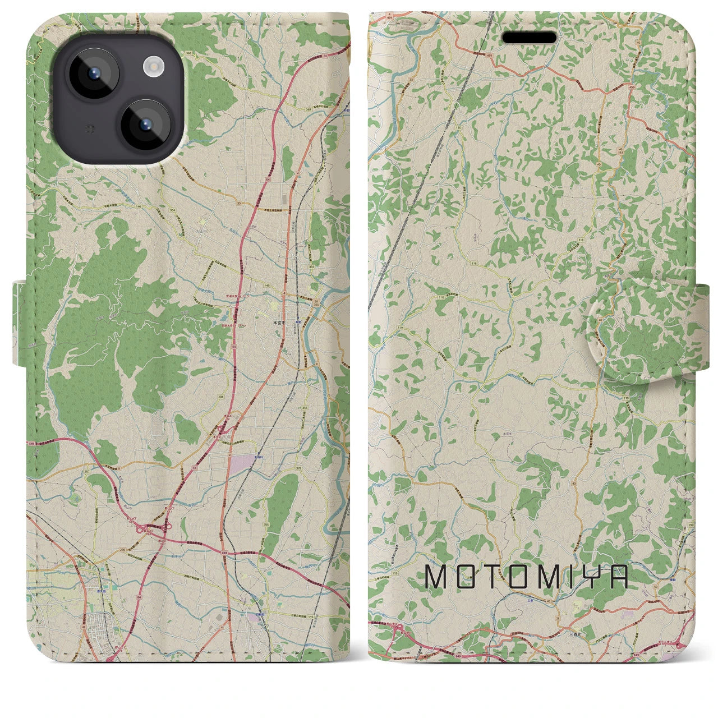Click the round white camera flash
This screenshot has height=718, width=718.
pyautogui.click(x=152, y=67)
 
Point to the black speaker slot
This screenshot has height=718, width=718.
pyautogui.click(x=529, y=38)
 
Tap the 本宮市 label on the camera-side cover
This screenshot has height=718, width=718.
pyautogui.click(x=279, y=323)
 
